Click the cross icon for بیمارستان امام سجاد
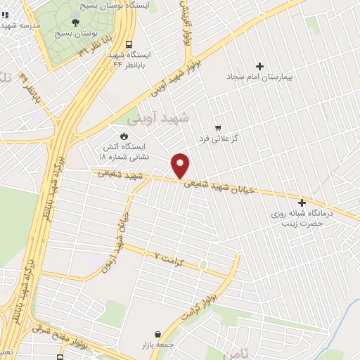259,65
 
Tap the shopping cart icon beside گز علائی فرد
218,127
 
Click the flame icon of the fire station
124,135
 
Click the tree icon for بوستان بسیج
75,22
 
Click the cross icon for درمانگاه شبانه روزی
302,202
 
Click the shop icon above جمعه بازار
157,333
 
